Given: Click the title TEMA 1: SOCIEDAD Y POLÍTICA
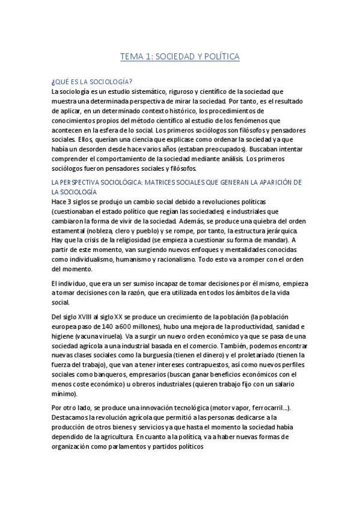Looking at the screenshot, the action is coord(180,57).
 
